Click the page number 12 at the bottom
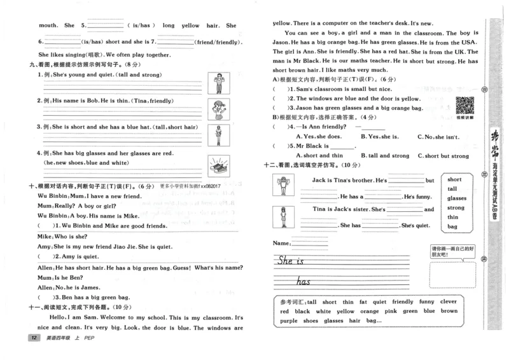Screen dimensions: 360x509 [27, 337]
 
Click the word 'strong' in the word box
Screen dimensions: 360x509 [456, 207]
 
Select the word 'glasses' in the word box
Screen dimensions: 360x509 [456, 198]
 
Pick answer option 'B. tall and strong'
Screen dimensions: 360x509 [385, 155]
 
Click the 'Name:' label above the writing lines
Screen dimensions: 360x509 [281, 244]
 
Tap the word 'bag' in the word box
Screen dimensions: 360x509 [452, 226]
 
